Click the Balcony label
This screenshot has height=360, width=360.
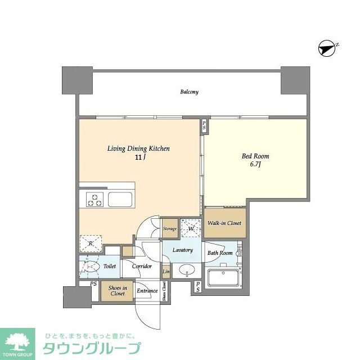pos(189,92)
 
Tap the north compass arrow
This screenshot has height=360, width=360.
pos(327,49)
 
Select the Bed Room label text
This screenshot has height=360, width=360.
pos(255,156)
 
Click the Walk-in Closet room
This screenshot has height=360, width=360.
pos(224,223)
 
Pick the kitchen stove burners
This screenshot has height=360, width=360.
pos(94,200)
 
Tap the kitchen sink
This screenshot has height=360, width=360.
pos(120,199)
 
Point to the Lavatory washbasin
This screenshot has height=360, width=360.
pos(188,271)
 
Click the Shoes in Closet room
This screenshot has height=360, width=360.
pos(117,290)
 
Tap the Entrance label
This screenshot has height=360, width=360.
pos(147,291)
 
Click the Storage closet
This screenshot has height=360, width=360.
pos(170,228)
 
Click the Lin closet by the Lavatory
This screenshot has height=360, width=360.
pos(166,272)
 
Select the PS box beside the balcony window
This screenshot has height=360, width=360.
pos(204,126)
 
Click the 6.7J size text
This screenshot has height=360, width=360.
pos(255,165)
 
